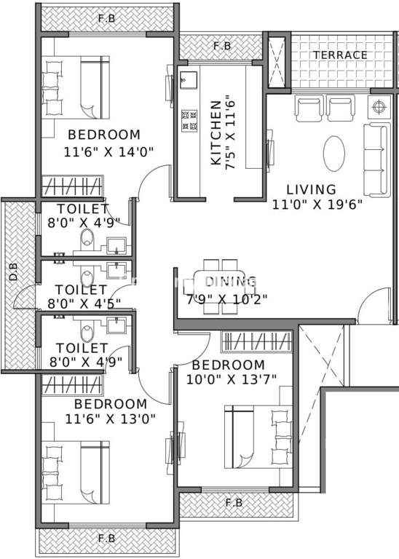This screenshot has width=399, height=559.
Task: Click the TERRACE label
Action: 340,55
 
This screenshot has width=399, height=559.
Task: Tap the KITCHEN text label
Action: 216,132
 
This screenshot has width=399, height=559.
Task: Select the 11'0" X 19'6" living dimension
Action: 317,205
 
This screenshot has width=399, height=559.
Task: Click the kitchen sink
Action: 189,79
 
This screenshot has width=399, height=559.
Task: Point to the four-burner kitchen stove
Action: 189,121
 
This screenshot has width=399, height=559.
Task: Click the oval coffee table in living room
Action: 334,154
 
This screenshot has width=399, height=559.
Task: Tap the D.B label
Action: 14,271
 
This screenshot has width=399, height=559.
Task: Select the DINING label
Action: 231,281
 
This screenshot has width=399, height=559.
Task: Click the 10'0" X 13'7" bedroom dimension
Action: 232,379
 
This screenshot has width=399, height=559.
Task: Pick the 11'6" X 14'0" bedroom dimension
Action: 108,152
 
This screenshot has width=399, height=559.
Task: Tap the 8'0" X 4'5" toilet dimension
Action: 84,304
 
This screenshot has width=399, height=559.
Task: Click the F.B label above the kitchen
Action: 222,46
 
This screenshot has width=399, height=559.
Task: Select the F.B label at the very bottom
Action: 106,538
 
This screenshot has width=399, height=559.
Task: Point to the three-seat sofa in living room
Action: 375,160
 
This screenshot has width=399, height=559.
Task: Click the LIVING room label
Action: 312,189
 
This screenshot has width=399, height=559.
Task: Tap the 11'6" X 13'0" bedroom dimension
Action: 111,419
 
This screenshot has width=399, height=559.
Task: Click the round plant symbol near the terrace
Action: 379,106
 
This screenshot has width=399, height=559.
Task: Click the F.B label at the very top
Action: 106,18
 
